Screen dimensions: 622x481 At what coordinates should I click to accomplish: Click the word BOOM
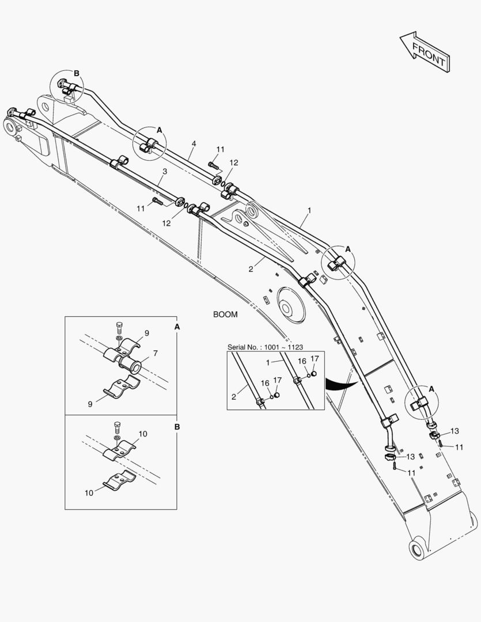coord(225,314)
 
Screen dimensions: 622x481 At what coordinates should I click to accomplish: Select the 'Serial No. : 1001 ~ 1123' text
coord(265,347)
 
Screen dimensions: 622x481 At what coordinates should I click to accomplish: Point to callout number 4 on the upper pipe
coord(194,143)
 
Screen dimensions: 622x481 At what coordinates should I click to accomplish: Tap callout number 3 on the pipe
coord(165,172)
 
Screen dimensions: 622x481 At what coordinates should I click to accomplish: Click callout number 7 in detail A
coord(154,352)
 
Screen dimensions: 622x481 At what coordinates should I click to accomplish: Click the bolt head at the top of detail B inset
coord(118,427)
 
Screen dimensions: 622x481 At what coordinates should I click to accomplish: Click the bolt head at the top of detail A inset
coord(119,328)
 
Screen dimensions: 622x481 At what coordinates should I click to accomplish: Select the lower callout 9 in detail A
coord(90,404)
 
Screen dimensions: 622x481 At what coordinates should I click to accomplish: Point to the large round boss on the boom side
coord(291,305)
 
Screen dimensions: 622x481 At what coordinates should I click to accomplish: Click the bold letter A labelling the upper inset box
coord(177,327)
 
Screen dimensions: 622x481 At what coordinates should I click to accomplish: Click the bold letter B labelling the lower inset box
coord(177,427)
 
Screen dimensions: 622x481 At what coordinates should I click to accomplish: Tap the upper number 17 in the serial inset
coord(315,358)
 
